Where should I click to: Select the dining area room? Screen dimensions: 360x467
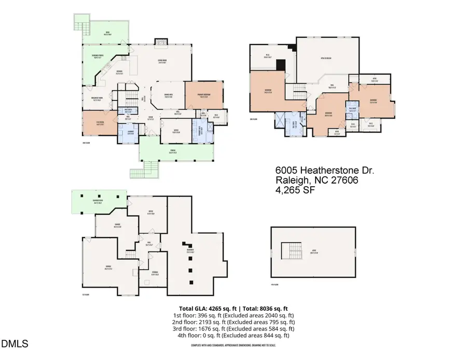coord(168,95)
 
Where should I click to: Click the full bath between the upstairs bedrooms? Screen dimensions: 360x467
coord(353,108)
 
